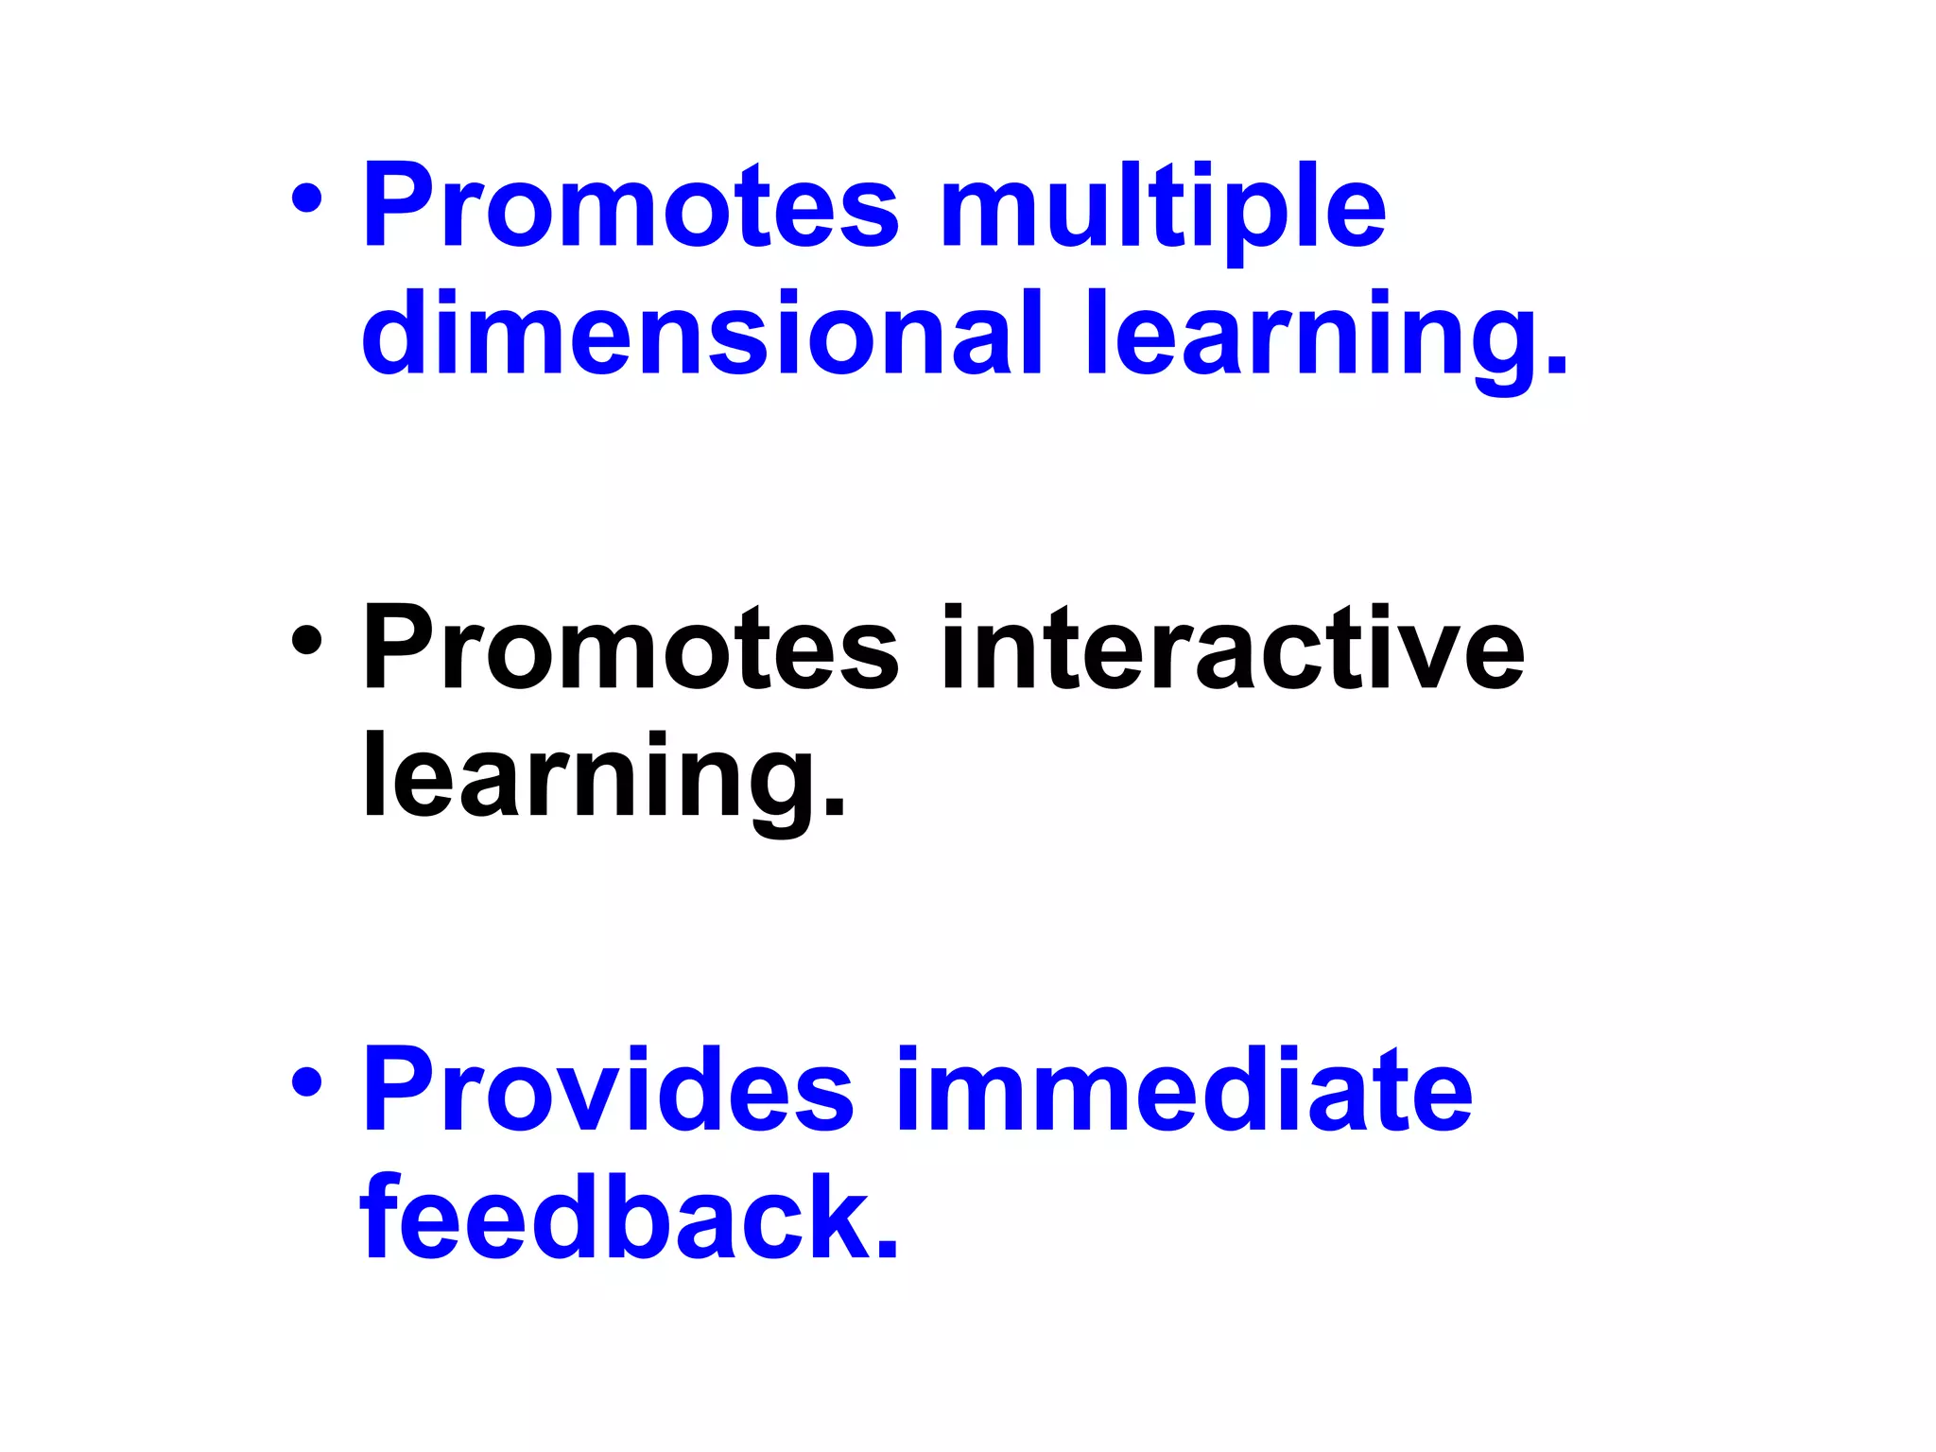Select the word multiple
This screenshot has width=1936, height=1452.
click(1163, 208)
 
